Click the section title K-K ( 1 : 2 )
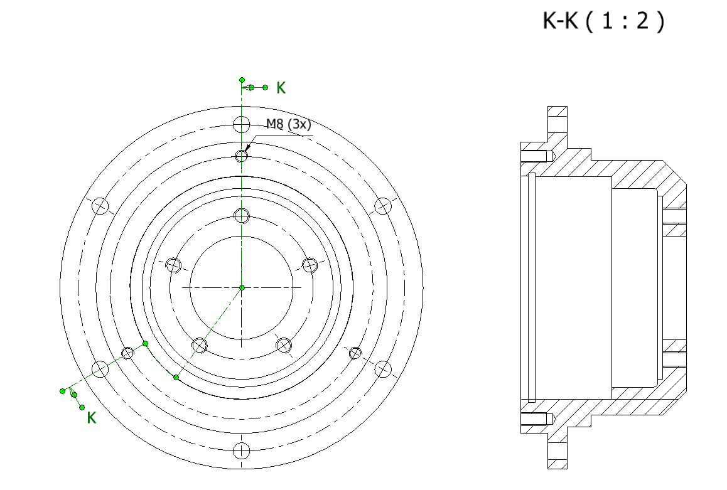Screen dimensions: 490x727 [603, 21]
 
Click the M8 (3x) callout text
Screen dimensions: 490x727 [288, 124]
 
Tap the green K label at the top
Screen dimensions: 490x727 [281, 88]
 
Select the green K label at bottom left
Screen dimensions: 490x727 [92, 418]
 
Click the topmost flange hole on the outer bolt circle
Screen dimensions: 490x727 [242, 124]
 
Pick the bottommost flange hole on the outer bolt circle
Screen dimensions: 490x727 [242, 450]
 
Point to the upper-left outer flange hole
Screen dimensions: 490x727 [100, 206]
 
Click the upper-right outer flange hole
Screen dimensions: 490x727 [383, 206]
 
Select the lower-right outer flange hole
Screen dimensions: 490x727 [383, 369]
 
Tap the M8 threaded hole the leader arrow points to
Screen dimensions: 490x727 [242, 156]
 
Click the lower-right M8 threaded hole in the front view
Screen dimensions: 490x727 [355, 353]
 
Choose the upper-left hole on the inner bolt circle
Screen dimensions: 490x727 [174, 265]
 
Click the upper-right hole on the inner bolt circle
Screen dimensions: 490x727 [310, 265]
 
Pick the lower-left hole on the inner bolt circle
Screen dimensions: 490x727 [200, 344]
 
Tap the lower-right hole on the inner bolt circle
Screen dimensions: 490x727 [284, 344]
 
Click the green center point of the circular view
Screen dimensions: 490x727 [242, 287]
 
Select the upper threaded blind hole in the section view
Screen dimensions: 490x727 [537, 156]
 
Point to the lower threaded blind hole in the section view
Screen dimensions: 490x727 [537, 418]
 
